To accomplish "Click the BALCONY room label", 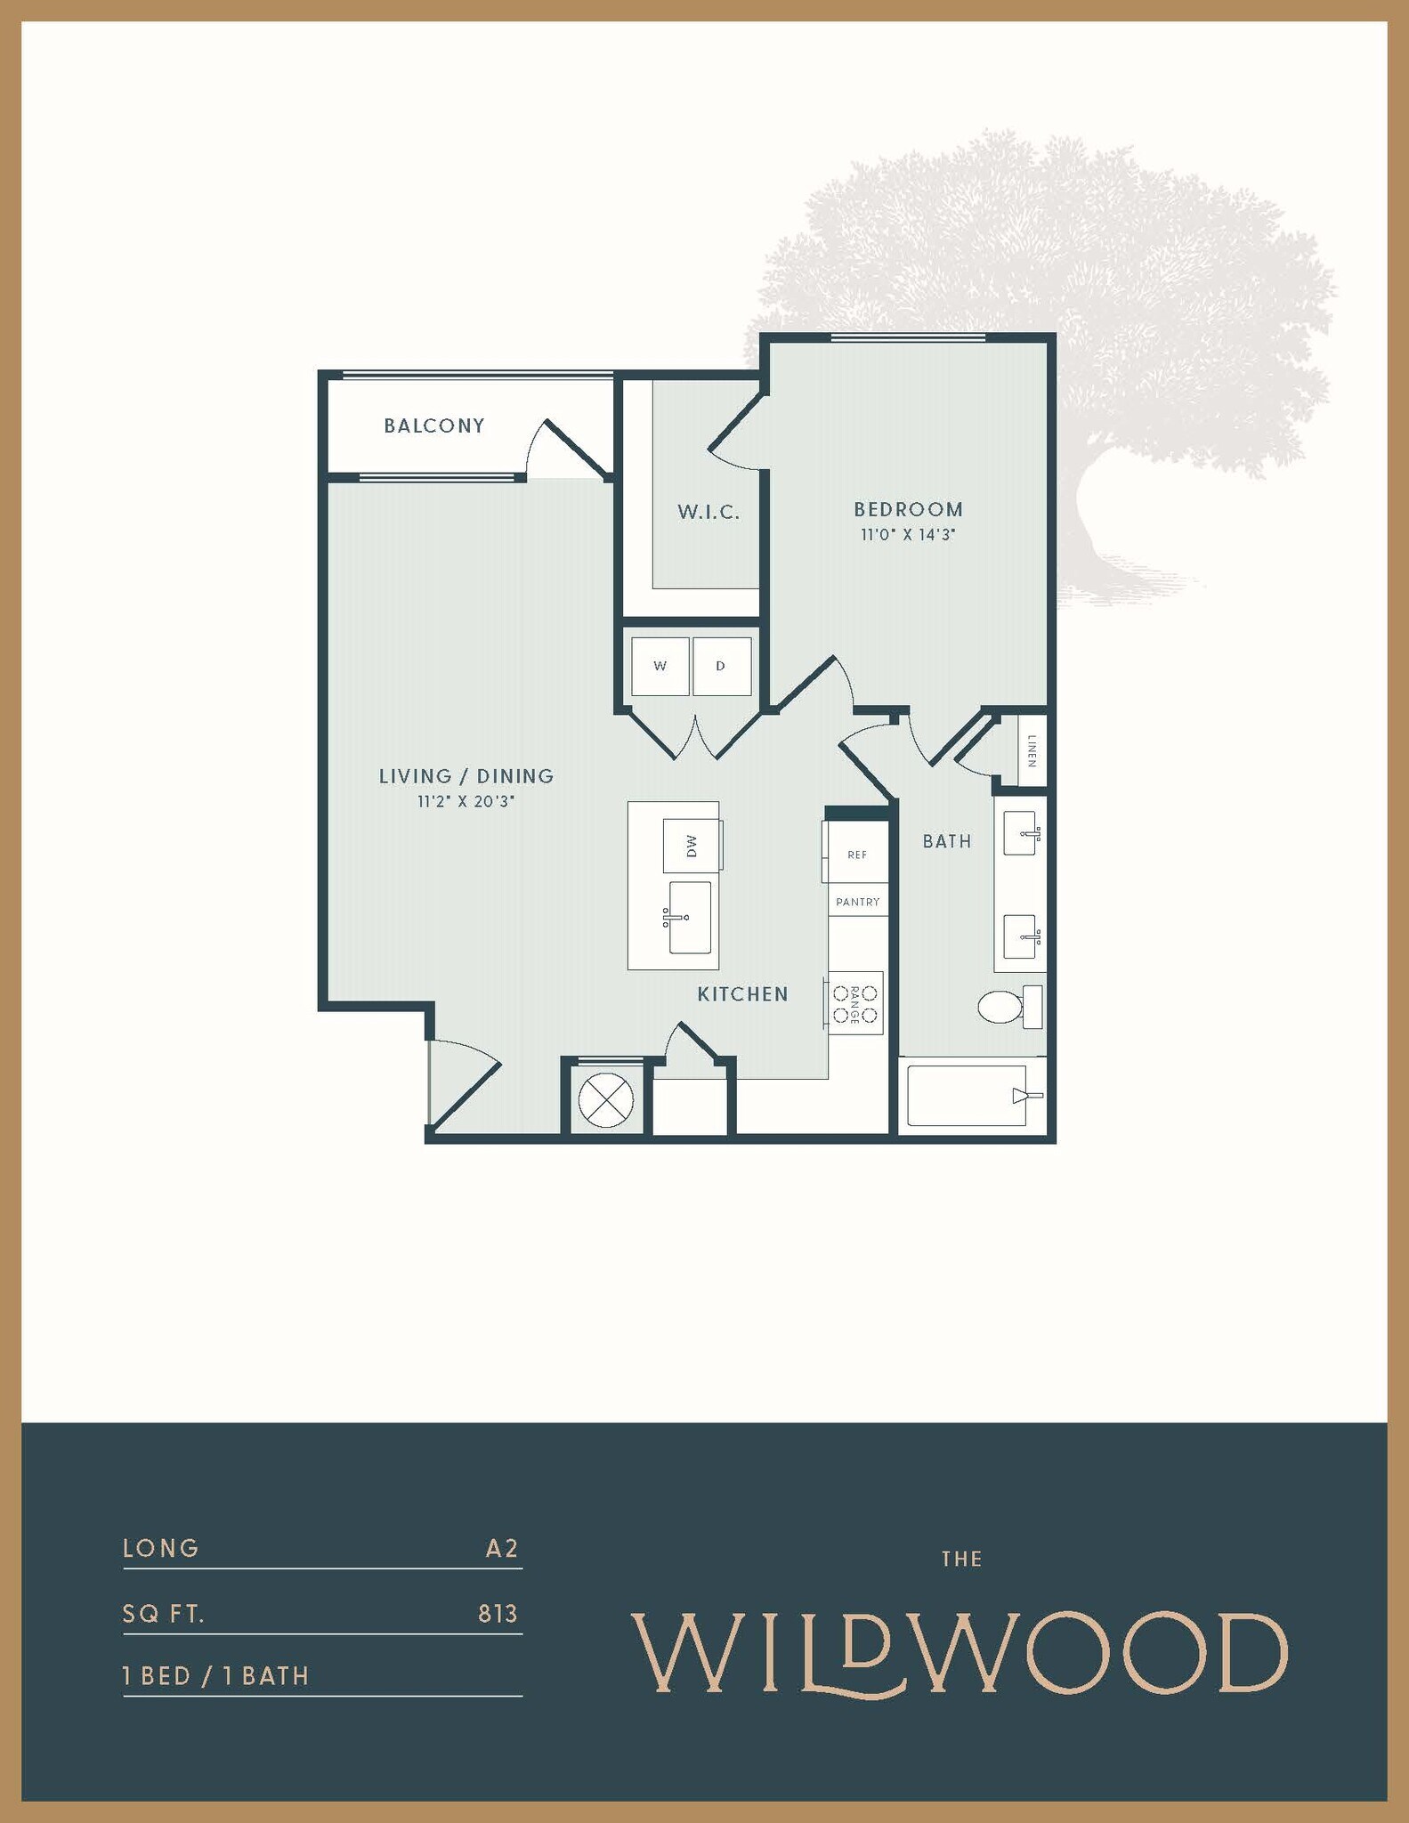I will tap(434, 425).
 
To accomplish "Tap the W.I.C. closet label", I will tap(709, 512).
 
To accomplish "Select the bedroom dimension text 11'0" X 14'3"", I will tap(907, 535).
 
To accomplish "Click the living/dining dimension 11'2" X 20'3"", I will tap(466, 801).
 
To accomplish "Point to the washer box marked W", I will tap(660, 666).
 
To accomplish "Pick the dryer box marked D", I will tap(721, 666).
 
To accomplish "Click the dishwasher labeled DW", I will tap(692, 846).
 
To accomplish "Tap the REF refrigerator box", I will tap(857, 854).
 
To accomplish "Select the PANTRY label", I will tap(857, 902).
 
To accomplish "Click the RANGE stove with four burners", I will tap(855, 1003).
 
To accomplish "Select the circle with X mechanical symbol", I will tap(605, 1099).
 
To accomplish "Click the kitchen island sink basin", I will tap(690, 917).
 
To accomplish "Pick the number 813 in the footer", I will tap(498, 1614).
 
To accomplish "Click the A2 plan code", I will tap(501, 1549).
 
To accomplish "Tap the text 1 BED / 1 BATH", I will tap(215, 1676).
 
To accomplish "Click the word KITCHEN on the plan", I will tap(742, 994).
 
